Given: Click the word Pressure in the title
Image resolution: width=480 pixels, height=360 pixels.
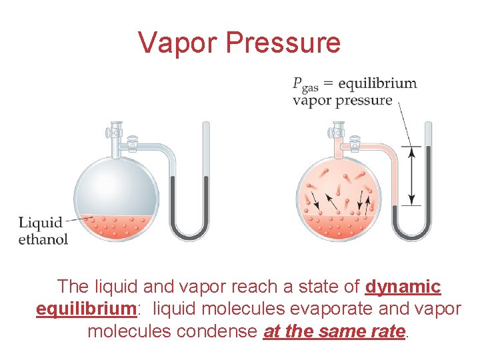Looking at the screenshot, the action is coord(283,43).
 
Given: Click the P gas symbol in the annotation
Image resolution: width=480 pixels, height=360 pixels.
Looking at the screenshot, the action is coord(304,85).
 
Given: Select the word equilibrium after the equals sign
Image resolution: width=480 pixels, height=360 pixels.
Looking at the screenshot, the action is coord(377,83).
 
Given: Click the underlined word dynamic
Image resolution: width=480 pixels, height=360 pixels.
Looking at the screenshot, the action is coord(403,287).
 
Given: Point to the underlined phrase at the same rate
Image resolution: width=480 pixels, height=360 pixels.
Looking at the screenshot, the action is coord(335,331).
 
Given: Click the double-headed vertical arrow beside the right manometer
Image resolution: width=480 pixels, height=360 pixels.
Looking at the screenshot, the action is coord(413,176).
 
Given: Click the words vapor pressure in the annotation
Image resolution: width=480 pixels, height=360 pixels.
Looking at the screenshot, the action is coord(342,101).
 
